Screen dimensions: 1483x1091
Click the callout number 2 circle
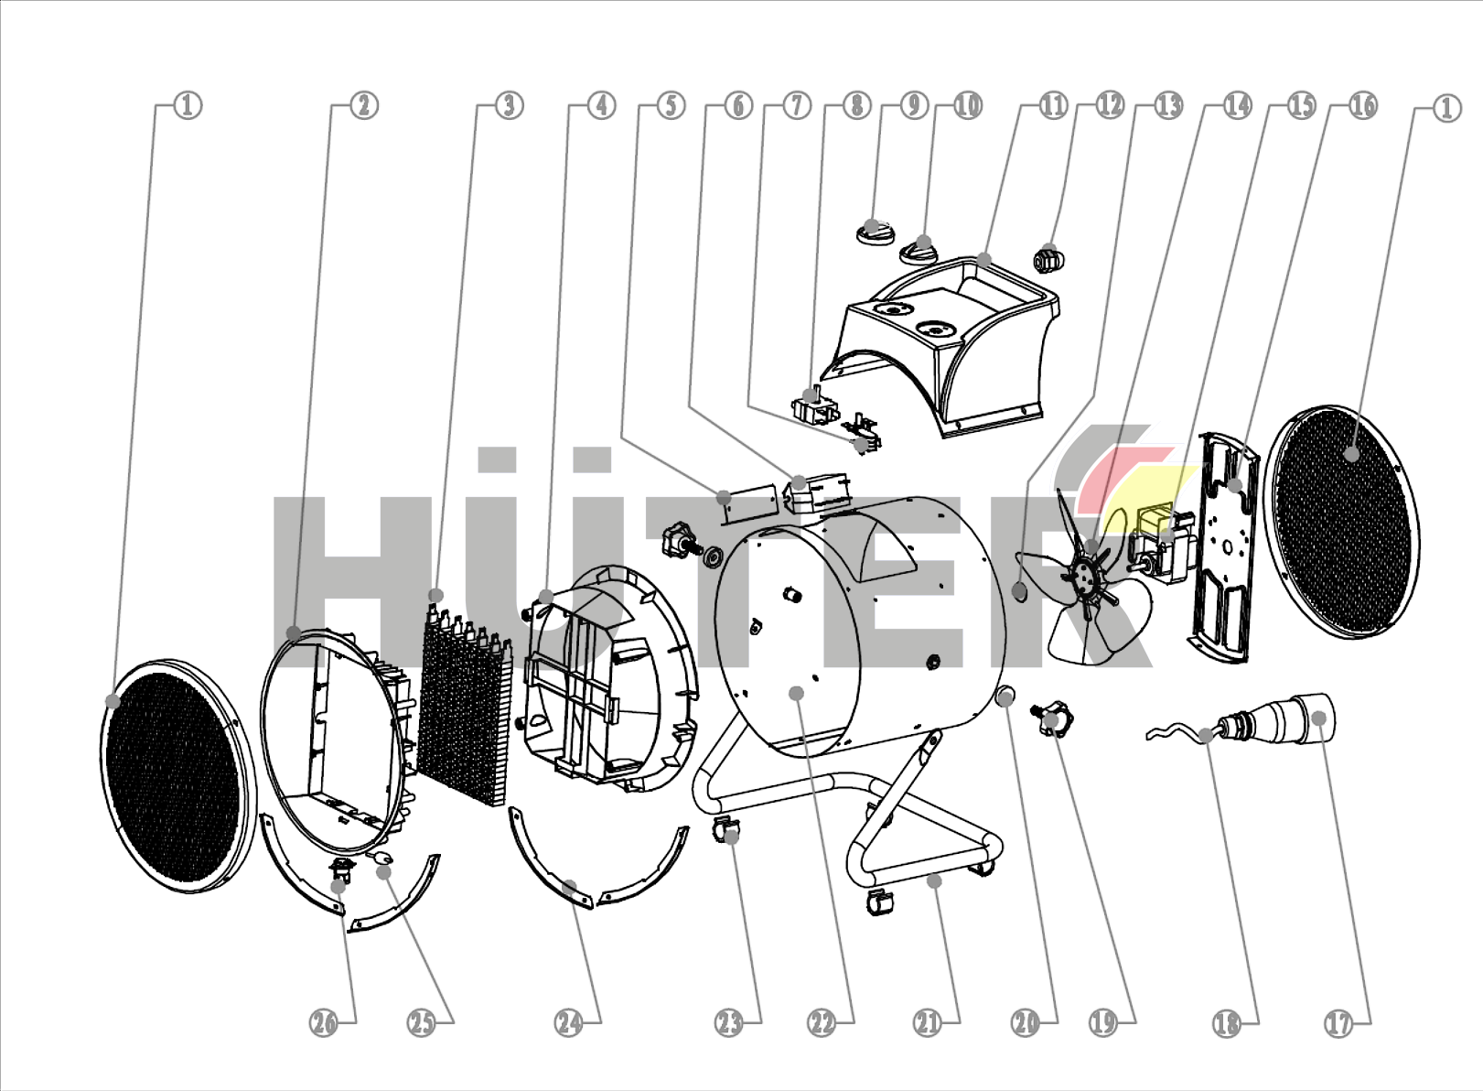pyautogui.click(x=363, y=106)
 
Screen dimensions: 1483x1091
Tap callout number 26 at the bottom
pyautogui.click(x=325, y=1023)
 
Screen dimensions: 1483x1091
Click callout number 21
pyautogui.click(x=929, y=1023)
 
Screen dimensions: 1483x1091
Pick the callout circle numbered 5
pyautogui.click(x=671, y=106)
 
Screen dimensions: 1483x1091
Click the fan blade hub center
pyautogui.click(x=1084, y=574)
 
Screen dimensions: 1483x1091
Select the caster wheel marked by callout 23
pyautogui.click(x=726, y=832)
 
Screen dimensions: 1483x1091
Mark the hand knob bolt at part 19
pyautogui.click(x=1051, y=718)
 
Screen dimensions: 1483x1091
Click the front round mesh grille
pyautogui.click(x=177, y=776)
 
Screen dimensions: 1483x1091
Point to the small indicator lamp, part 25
pyautogui.click(x=381, y=859)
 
